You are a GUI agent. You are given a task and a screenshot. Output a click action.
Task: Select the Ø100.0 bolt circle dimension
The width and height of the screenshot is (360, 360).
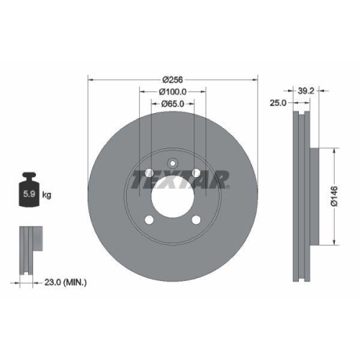click(x=172, y=91)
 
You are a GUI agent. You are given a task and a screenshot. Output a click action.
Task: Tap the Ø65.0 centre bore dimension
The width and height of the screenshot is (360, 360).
click(x=172, y=104)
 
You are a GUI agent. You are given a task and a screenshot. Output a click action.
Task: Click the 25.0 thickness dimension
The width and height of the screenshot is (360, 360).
click(x=279, y=104)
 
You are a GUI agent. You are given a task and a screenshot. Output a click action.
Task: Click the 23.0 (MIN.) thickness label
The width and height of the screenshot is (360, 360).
click(x=65, y=283)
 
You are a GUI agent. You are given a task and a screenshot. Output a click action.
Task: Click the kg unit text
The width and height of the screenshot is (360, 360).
click(x=47, y=195)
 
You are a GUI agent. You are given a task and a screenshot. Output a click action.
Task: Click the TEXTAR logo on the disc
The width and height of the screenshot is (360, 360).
click(x=179, y=178)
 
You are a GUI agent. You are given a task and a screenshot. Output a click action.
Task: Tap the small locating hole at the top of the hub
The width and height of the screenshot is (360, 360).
click(x=172, y=162)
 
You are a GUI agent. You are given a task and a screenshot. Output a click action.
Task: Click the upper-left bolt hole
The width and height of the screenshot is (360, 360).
click(x=148, y=174)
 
